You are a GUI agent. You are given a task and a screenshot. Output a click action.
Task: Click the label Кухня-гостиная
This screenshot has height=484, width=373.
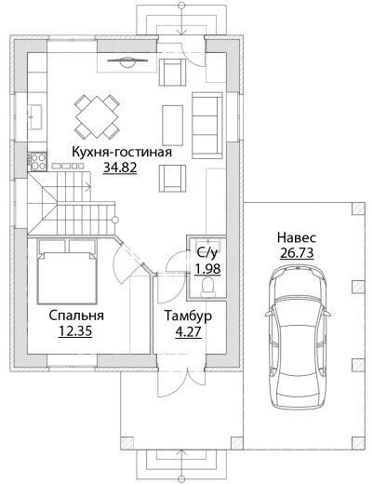click(x=122, y=153)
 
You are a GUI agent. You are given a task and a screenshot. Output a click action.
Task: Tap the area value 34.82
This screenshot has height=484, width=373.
click(x=120, y=168)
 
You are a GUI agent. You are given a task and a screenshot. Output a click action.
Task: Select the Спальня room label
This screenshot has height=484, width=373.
click(x=76, y=316)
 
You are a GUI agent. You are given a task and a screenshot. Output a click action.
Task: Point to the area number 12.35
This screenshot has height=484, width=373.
click(x=75, y=331)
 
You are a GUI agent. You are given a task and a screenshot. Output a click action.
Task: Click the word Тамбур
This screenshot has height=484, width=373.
click(x=188, y=316)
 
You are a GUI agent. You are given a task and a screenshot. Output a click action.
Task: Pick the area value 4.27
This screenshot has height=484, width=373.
click(x=188, y=332)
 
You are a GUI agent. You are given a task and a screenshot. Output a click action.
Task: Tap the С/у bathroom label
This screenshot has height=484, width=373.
click(x=207, y=253)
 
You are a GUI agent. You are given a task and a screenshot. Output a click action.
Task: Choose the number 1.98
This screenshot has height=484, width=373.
click(x=207, y=269)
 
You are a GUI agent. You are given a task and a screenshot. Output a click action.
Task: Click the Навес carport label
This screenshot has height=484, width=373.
click(x=297, y=237)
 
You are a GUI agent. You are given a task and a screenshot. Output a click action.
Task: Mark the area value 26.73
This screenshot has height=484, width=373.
click(x=297, y=253)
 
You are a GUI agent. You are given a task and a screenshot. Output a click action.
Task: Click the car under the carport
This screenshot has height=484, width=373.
click(x=298, y=338)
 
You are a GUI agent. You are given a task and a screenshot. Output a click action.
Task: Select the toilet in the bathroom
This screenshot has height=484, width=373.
click(x=207, y=287)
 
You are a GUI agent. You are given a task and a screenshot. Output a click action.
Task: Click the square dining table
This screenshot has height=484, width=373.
click(x=97, y=117)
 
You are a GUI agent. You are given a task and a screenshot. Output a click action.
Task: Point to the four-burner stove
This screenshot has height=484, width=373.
click(x=37, y=162)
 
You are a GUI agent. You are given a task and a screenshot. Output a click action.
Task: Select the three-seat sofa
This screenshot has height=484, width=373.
click(x=207, y=126)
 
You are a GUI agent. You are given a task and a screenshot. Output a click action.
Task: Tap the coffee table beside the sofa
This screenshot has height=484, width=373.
click(x=172, y=126)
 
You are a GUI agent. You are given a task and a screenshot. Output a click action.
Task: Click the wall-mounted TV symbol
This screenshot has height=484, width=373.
click(x=127, y=60)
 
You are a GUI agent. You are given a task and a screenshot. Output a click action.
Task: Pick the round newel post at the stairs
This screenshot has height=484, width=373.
click(x=115, y=220)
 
